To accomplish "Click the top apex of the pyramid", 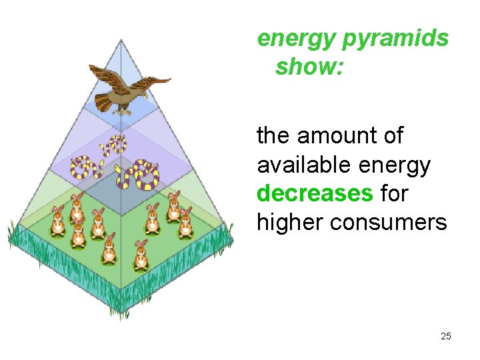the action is [121, 41].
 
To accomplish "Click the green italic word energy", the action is [297, 39].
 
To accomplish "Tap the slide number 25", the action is [446, 336].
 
